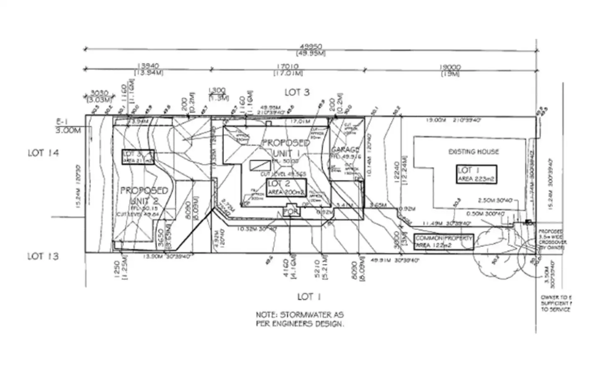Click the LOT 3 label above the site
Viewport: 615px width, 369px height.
(x=297, y=92)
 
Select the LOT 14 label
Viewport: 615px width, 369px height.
(x=43, y=153)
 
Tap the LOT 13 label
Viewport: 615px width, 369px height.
(x=43, y=256)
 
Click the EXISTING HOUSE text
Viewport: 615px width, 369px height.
(x=473, y=151)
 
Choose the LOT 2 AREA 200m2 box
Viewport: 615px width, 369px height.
(x=287, y=187)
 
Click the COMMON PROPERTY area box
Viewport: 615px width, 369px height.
(x=444, y=242)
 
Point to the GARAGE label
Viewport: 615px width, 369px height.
(x=345, y=150)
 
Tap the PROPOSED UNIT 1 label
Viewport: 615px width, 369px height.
(x=286, y=147)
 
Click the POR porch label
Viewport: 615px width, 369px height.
(x=291, y=212)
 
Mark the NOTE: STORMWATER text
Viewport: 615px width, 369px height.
(x=300, y=319)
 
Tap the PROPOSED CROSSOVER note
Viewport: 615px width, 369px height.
(x=552, y=240)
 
